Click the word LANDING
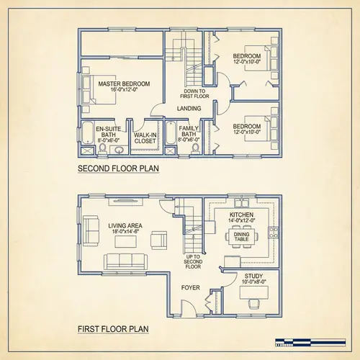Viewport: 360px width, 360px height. point(189,109)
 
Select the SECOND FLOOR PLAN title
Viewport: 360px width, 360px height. point(118,170)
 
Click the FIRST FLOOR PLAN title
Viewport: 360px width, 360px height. point(113,330)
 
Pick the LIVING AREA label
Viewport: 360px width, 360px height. point(125,229)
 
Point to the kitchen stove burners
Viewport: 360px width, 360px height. point(273,232)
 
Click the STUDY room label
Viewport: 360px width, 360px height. point(253,279)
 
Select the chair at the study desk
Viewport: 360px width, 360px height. point(251,304)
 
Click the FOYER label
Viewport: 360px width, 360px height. point(190,287)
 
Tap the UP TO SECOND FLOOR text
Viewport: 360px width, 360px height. point(192,261)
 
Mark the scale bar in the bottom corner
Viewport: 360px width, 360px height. point(315,342)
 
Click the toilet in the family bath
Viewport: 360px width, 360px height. point(171,149)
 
